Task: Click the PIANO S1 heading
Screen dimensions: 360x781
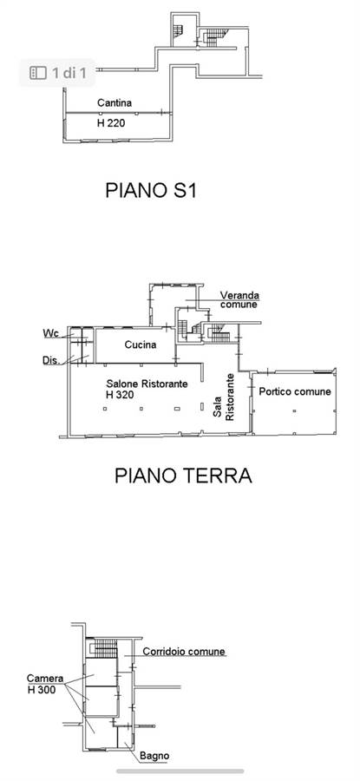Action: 150,190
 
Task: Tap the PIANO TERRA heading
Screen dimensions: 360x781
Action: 183,476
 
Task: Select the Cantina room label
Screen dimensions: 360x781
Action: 115,103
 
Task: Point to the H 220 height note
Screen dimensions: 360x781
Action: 110,123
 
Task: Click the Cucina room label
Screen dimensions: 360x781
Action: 141,345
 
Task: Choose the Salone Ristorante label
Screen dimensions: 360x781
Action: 147,384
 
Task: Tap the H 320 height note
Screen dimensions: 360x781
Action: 120,395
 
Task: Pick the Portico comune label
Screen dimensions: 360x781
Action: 295,391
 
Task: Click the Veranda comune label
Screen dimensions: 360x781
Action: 239,299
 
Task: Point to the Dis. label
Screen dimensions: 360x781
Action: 51,360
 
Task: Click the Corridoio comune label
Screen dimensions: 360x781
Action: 184,652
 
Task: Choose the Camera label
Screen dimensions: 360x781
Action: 45,679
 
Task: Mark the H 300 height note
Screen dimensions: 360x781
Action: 42,689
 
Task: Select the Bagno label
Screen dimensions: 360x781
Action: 154,756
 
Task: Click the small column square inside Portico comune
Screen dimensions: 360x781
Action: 294,410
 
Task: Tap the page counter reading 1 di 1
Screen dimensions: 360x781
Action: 69,73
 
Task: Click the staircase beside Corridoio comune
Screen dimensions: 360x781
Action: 105,648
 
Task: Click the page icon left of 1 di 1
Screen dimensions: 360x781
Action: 38,73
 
